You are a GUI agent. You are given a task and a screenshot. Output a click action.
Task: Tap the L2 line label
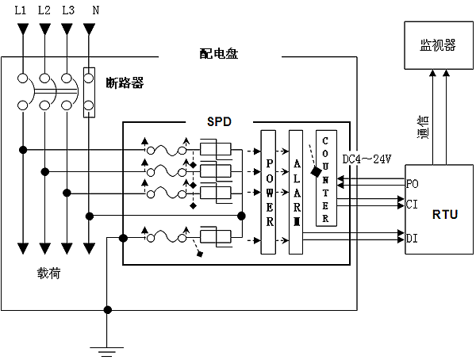(x=45, y=10)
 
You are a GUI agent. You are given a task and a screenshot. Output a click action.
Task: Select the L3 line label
(x=68, y=10)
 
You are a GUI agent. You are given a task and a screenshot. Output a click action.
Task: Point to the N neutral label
(x=94, y=10)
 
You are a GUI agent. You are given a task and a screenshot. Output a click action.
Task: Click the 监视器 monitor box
(x=438, y=46)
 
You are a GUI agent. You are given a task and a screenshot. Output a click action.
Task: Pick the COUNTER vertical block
(x=325, y=178)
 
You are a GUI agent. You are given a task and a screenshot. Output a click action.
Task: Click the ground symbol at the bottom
(x=108, y=347)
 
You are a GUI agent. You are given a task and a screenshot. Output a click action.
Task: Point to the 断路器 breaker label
(x=125, y=82)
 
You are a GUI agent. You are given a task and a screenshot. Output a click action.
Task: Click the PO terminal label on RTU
(x=412, y=183)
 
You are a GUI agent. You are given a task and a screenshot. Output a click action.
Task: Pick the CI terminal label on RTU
(x=412, y=205)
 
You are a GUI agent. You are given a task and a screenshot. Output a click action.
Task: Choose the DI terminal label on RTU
(x=412, y=238)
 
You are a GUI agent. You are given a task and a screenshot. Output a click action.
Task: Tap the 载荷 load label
(x=48, y=274)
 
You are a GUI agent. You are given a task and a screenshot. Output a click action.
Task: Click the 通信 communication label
(x=423, y=127)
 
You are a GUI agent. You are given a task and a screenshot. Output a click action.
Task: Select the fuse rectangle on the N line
(x=90, y=93)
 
